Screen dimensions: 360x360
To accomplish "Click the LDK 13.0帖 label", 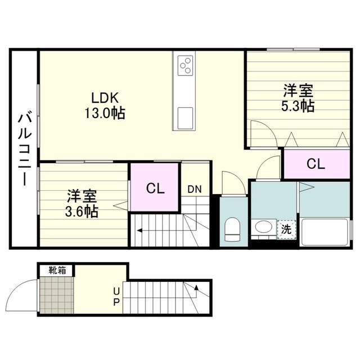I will (x=104, y=104).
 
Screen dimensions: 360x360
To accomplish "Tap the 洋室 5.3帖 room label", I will (x=298, y=98).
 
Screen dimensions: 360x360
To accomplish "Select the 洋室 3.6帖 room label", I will (x=83, y=204).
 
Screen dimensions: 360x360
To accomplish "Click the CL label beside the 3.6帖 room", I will (x=155, y=188).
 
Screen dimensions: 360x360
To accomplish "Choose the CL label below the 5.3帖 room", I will (x=316, y=164).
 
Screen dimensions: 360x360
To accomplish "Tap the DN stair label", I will (x=194, y=189).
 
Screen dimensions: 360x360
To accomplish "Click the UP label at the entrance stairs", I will (x=116, y=296).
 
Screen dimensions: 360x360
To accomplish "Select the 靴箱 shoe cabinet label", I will (x=57, y=270).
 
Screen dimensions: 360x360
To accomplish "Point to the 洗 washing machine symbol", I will (x=286, y=229).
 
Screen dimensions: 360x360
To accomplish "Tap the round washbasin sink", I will (x=263, y=228).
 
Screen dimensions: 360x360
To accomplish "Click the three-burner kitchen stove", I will (x=186, y=65).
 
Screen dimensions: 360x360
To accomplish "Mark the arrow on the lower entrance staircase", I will (x=196, y=289).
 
